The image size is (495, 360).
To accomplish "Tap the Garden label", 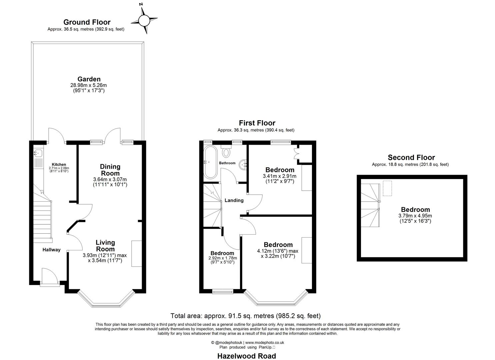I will pos(89,79).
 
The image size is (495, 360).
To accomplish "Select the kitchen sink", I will pos(37,154).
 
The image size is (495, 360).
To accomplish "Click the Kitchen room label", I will pos(59,164).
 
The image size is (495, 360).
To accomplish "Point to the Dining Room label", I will pos(110,170).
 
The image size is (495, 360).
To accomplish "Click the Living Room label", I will pos(105,246).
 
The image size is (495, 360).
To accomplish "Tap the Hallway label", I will pos(51,250).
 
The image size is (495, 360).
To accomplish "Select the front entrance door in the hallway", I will pos(49,277).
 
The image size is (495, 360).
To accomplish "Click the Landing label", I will pos(234,200).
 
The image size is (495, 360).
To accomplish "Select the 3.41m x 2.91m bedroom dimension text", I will pos(279,176).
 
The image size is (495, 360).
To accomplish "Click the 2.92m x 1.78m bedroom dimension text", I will pos(222,258).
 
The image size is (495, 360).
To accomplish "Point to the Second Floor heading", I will pos(411,157).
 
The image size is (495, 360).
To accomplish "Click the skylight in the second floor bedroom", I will pos(387,188).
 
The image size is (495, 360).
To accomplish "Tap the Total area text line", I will pos(245,316).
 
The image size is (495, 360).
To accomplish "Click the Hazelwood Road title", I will pos(247,356).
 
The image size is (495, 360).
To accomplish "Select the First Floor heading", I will pos(257,123).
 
